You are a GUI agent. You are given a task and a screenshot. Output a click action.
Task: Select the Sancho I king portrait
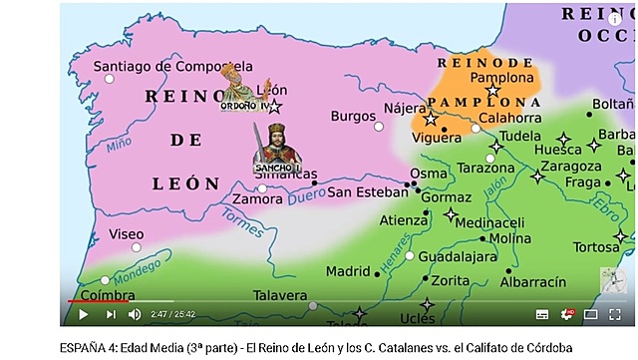click(x=276, y=149)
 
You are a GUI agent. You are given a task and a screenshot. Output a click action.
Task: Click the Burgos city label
click(x=353, y=116)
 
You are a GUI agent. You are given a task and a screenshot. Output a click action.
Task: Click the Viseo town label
click(x=126, y=234)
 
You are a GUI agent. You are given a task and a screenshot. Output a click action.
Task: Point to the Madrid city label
click(x=348, y=270)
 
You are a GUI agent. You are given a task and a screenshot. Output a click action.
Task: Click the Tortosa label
click(x=596, y=247)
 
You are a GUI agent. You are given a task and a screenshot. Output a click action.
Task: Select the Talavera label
click(x=279, y=295)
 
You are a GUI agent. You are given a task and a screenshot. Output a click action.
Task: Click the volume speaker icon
click(x=134, y=314)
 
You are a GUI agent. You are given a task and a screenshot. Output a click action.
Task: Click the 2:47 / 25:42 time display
click(x=174, y=314)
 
